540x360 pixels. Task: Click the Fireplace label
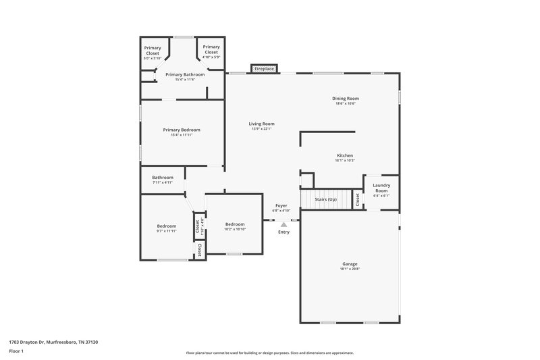tap(264, 69)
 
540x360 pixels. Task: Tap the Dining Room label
tap(344, 99)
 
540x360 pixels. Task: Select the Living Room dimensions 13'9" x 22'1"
tap(261, 129)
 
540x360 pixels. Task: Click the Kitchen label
tap(344, 155)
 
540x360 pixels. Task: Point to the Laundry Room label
tap(381, 188)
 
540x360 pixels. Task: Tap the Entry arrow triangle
tap(283, 224)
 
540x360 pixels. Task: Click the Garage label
tap(349, 263)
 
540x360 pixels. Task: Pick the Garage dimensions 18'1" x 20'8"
tap(349, 269)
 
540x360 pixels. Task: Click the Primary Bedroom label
tap(182, 130)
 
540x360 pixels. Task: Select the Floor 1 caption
tap(16, 352)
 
